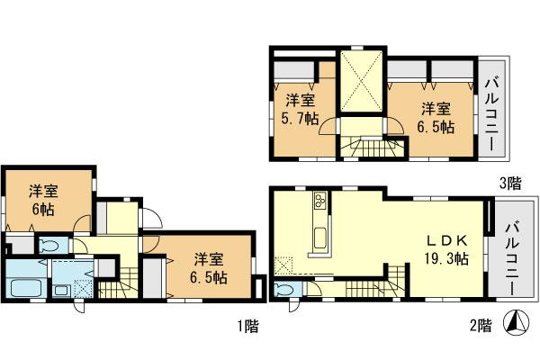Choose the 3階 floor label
510,183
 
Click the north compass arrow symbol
516,321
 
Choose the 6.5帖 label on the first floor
207,267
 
